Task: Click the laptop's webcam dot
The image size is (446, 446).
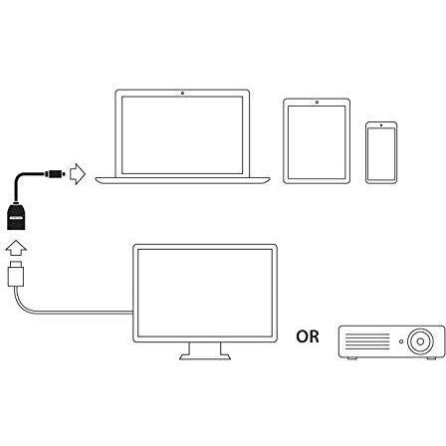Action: pos(182,93)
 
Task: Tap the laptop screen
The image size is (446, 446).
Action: pos(182,135)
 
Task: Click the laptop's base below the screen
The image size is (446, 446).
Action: pos(182,180)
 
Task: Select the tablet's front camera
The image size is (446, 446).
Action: pos(317,103)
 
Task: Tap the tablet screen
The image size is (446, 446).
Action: pos(317,142)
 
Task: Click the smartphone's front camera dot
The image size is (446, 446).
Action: pos(381,125)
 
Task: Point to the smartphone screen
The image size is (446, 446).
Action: pos(381,154)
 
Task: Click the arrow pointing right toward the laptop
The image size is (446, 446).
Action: pos(78,173)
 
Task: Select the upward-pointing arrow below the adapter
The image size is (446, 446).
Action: pos(16,248)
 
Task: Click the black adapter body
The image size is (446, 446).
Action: pos(16,217)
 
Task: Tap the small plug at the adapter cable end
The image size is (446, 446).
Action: pos(53,173)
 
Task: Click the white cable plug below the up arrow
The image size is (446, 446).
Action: pos(16,274)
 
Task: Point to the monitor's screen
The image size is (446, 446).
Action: pos(205,293)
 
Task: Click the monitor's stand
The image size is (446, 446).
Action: pos(205,351)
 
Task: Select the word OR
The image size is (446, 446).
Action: pos(308,336)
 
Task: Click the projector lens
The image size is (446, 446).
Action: pos(420,341)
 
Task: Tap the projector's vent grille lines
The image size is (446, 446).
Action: pos(367,341)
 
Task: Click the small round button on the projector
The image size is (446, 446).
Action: pos(401,341)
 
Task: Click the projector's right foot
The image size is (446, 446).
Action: pos(432,358)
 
